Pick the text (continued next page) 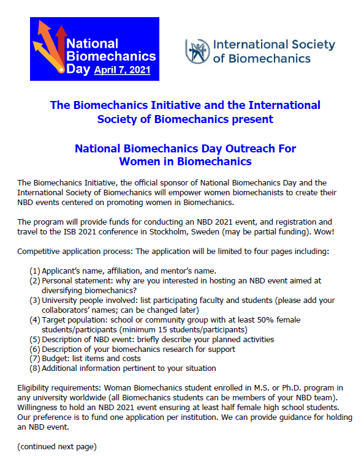56,447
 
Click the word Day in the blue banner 78,69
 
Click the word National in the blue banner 92,43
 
